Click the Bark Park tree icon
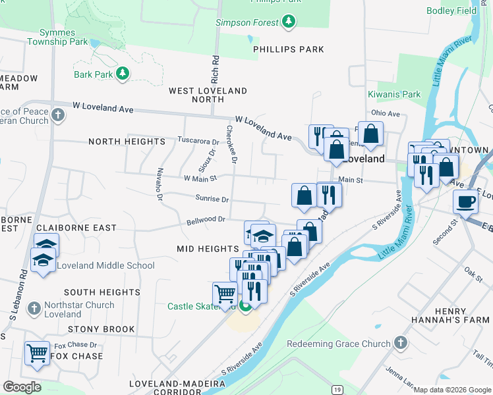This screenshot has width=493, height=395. coord(122,74)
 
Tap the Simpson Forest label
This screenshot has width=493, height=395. coord(247,23)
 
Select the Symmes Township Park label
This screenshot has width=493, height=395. coord(58,37)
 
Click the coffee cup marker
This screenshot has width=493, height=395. coord(466,202)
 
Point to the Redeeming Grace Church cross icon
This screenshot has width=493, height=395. coord(400,343)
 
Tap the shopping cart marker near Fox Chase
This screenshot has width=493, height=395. coord(37,352)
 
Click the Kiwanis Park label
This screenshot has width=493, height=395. coord(394,94)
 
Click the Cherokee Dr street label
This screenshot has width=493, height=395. coord(231,144)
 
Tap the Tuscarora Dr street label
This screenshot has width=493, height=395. coord(198,141)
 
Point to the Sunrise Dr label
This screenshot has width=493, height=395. coord(212,199)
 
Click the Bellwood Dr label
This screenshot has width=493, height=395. coord(206,219)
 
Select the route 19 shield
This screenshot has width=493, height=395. coord(337,390)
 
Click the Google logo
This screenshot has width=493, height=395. coord(22,387)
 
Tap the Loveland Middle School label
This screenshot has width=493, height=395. coord(105,265)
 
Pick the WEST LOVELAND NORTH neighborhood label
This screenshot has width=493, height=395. coord(208,95)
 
